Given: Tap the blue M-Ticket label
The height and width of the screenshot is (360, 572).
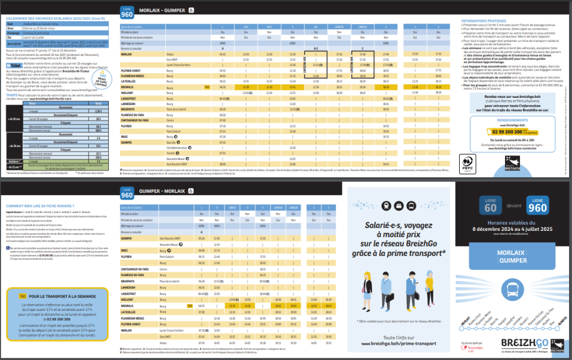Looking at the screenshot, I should coord(12,65).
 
